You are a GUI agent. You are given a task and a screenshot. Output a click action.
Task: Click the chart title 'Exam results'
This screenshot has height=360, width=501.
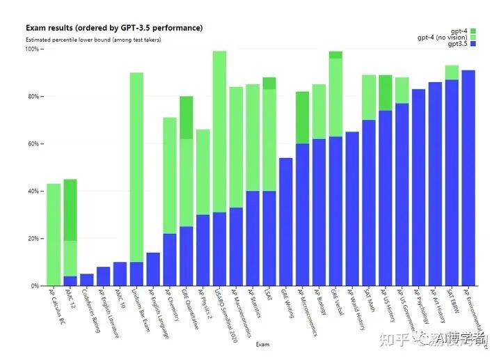click(114, 28)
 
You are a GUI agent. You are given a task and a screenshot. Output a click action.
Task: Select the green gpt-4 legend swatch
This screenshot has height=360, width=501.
click(473, 31)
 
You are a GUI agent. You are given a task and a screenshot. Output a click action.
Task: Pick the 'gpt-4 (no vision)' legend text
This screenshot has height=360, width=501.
click(442, 37)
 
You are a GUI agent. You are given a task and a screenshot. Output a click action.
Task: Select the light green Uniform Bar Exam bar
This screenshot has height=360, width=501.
click(136, 167)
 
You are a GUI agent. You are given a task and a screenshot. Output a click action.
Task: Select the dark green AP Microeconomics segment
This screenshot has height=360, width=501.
click(302, 118)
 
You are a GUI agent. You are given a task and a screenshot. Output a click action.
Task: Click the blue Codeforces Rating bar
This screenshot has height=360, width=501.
click(86, 279)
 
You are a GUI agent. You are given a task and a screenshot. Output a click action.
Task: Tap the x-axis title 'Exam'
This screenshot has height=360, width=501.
click(262, 344)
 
